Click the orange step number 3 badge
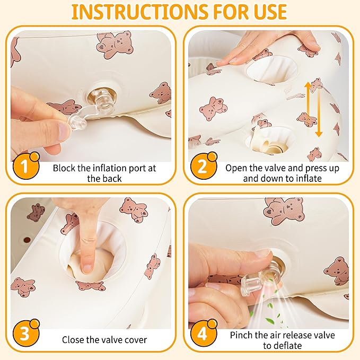(x=25, y=332)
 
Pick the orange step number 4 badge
(x=203, y=332)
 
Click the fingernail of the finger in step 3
(x=87, y=269)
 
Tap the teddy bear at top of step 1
(x=115, y=45)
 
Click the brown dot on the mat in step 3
(x=27, y=240)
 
